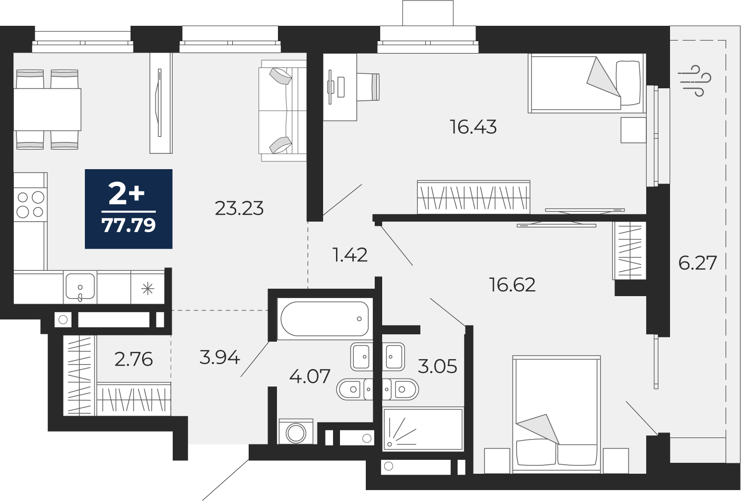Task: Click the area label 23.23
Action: (x=239, y=208)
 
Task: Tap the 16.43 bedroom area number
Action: (x=473, y=127)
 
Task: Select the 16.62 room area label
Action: (x=512, y=285)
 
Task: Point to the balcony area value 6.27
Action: (x=697, y=263)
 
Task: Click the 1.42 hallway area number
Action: (x=350, y=255)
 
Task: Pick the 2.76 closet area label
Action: (x=134, y=359)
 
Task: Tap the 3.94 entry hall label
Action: (x=220, y=358)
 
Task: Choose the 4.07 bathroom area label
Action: (x=310, y=376)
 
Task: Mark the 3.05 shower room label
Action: (x=437, y=367)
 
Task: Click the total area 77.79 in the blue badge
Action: (x=129, y=226)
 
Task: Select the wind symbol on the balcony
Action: (x=695, y=81)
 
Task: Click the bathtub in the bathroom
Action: (x=325, y=319)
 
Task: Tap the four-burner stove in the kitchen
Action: (x=30, y=204)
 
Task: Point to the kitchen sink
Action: (x=80, y=287)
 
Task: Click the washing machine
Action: (x=296, y=432)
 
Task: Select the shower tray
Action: (x=422, y=429)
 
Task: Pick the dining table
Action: (x=47, y=110)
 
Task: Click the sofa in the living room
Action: (x=282, y=111)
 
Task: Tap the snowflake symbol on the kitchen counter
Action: (x=147, y=289)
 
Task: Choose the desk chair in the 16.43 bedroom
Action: (x=368, y=87)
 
